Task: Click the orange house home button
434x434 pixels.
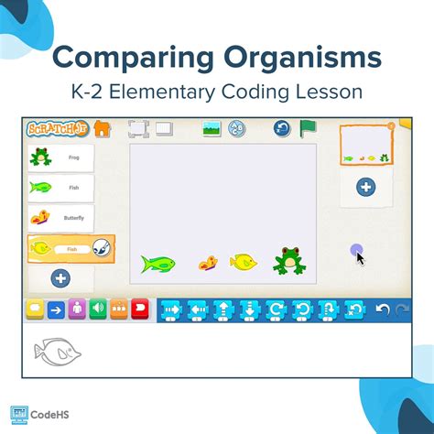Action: tap(102, 129)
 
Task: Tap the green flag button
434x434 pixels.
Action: tap(308, 128)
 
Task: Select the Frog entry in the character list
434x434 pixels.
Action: tap(60, 157)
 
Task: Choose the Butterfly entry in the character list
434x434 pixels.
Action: tap(60, 218)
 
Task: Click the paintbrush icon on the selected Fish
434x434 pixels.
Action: tap(103, 247)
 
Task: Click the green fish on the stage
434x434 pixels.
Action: tap(157, 264)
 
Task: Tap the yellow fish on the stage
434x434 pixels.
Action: tap(243, 263)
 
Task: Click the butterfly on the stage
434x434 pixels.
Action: tap(209, 264)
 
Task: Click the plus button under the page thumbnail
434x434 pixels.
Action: tap(365, 187)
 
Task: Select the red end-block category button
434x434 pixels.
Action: tap(140, 309)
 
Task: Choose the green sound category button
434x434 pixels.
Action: tap(96, 309)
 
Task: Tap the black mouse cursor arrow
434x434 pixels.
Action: tap(361, 257)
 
